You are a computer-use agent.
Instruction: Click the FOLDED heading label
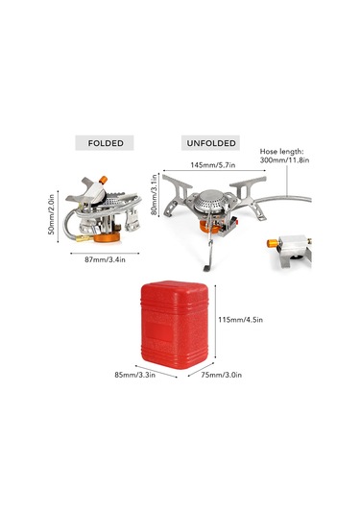tap(105, 143)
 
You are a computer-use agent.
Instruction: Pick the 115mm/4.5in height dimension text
tap(241, 319)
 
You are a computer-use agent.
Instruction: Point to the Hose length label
tap(281, 155)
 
